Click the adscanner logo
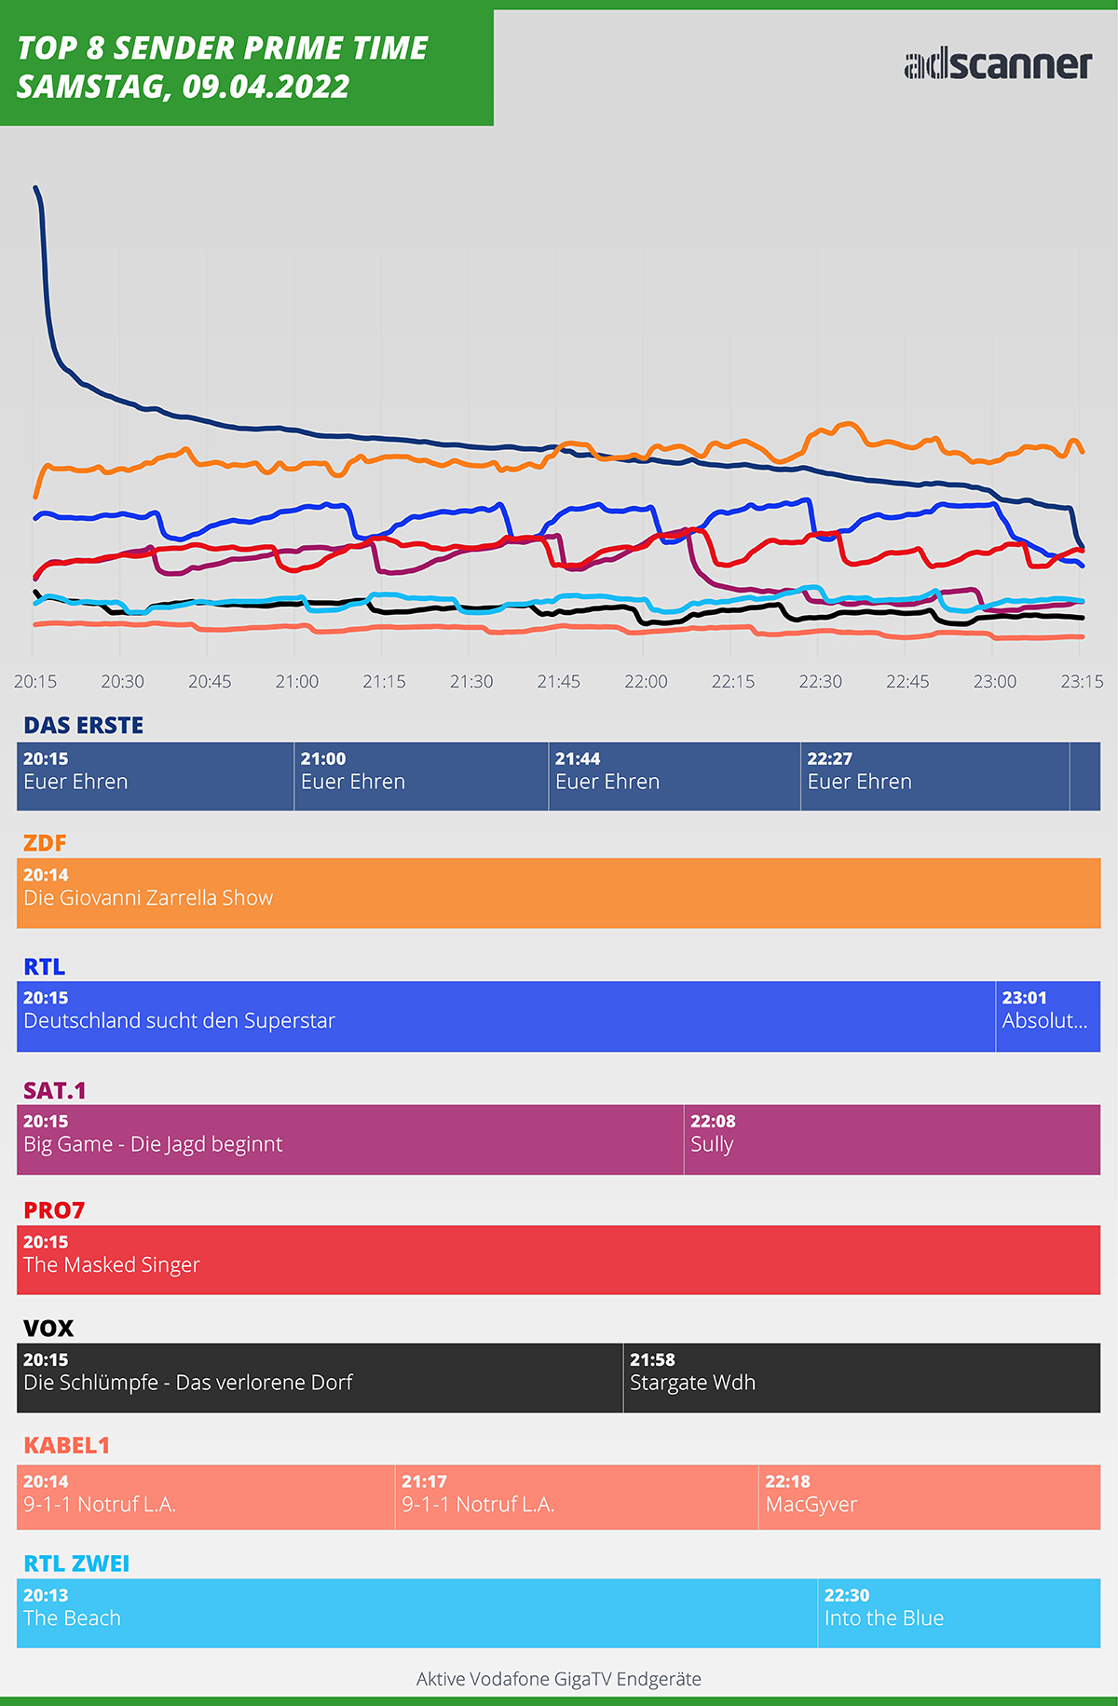[x=997, y=63]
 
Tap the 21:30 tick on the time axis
[x=471, y=681]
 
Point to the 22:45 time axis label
[x=907, y=681]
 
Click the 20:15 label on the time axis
[x=35, y=681]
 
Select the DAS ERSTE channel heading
[x=84, y=725]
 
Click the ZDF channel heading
[x=45, y=842]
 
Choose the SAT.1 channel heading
[x=55, y=1090]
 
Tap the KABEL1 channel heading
[x=67, y=1445]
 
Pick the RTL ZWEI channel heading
[x=76, y=1563]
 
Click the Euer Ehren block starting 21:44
[x=674, y=775]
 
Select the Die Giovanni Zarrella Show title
[x=148, y=898]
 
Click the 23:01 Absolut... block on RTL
[x=1047, y=1016]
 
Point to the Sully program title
[x=712, y=1144]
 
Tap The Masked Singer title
[x=112, y=1264]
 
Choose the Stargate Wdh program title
[x=692, y=1383]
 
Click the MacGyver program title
[x=811, y=1504]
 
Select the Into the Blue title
[x=883, y=1618]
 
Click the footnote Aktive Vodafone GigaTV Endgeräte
[x=559, y=1679]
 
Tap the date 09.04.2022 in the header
[x=266, y=87]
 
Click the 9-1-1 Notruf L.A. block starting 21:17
[x=576, y=1496]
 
